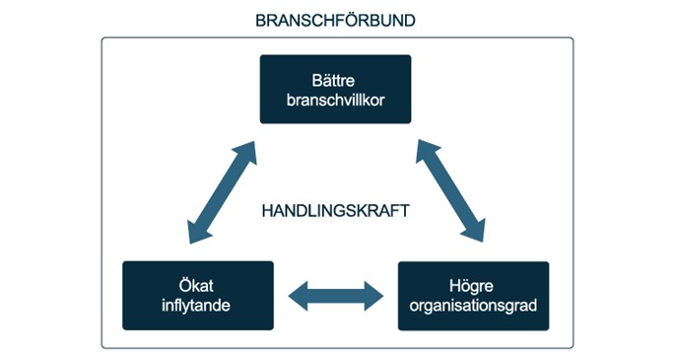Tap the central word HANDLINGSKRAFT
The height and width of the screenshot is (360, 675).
tap(335, 211)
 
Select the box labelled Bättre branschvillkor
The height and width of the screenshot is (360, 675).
tap(335, 89)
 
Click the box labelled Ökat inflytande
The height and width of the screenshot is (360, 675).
tap(197, 295)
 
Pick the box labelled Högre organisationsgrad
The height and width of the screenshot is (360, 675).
tap(473, 295)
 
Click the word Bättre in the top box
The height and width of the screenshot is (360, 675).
tap(335, 79)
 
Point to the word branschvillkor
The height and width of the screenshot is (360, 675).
tap(335, 100)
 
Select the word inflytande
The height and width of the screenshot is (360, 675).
tap(197, 305)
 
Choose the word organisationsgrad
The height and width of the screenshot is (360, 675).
tap(473, 305)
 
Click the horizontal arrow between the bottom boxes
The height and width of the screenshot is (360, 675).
tap(335, 294)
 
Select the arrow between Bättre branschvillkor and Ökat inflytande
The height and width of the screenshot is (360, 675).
tap(220, 191)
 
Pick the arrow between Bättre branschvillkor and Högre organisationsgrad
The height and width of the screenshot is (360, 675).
tap(450, 191)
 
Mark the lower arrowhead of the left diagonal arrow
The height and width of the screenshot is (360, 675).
tap(193, 231)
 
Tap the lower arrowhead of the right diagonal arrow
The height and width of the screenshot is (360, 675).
tap(477, 231)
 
